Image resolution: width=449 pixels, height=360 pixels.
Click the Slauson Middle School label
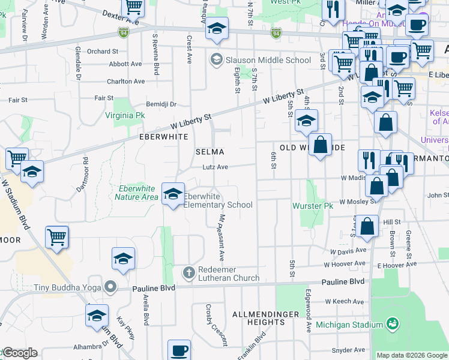pos(268,60)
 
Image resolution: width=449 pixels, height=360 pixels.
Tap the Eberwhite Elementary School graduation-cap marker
pos(173,194)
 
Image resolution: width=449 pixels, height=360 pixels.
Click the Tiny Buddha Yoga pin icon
pos(109,287)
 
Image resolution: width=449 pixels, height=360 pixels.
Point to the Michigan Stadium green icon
pos(393,325)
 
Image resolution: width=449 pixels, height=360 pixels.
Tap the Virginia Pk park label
pos(125,115)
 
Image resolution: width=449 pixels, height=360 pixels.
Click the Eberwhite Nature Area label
pos(136,193)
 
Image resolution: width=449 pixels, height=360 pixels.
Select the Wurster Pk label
pos(312,206)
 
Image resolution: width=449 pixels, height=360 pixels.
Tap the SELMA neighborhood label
pos(210,152)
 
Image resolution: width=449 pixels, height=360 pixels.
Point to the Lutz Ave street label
pos(215,167)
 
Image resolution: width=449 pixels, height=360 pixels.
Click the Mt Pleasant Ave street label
pos(221,238)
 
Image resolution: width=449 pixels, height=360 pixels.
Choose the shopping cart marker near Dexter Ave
pos(133,7)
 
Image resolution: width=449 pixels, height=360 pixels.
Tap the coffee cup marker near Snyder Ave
pos(179,350)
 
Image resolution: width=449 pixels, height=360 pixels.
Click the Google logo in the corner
pos(19,353)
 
